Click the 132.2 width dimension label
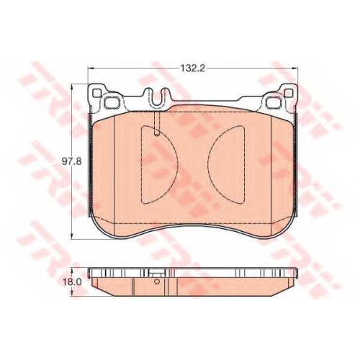192,68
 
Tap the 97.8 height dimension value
72,161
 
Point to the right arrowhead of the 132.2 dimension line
294,68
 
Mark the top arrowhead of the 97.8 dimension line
72,86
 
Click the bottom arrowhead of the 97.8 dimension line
72,236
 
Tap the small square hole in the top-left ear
96,93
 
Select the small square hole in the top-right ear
289,93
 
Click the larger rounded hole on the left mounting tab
111,102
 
